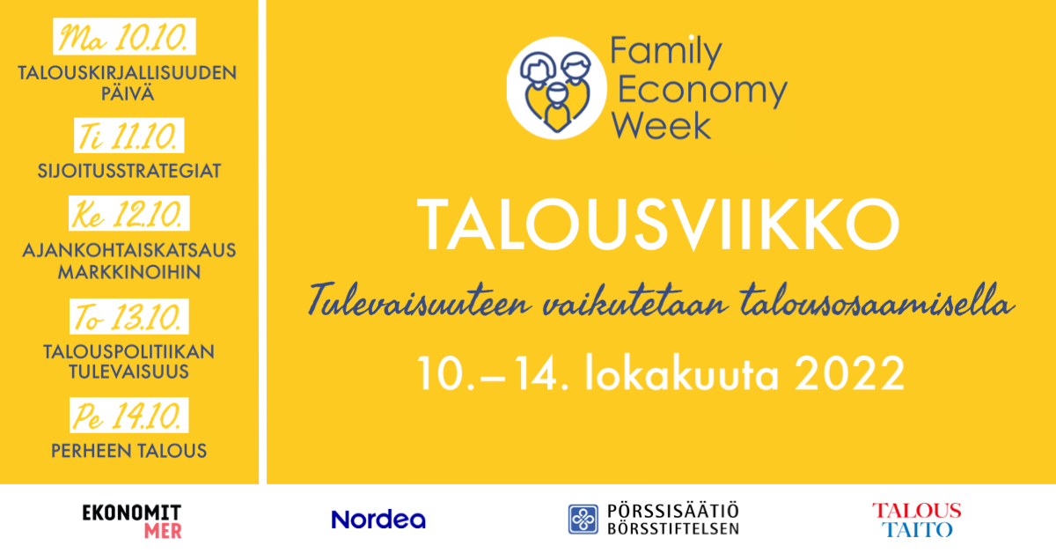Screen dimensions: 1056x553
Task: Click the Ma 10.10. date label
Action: [x=124, y=36]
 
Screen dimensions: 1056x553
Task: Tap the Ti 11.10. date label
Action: [x=128, y=136]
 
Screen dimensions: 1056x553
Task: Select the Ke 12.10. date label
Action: [x=128, y=213]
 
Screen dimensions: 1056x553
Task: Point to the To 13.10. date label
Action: [x=128, y=316]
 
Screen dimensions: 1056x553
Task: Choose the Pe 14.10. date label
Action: [x=128, y=416]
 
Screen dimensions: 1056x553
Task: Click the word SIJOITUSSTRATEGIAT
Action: [x=129, y=171]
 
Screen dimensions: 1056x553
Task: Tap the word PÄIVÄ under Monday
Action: [x=128, y=92]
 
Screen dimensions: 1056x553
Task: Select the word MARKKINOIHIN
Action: [x=129, y=272]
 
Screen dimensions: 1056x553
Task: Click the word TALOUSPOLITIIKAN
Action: [x=128, y=352]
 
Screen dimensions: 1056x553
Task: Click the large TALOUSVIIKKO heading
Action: [x=658, y=225]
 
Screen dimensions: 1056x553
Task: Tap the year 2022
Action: [x=849, y=373]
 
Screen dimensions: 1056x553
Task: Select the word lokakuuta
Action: [x=682, y=372]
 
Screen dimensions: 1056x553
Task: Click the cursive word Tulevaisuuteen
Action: [x=419, y=300]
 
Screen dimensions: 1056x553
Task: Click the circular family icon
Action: [x=556, y=88]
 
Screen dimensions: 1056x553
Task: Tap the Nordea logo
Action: [x=378, y=520]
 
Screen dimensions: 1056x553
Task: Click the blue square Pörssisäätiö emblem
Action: [x=583, y=519]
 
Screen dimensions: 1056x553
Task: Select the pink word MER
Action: [x=163, y=531]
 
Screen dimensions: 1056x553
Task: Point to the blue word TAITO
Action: [x=917, y=529]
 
